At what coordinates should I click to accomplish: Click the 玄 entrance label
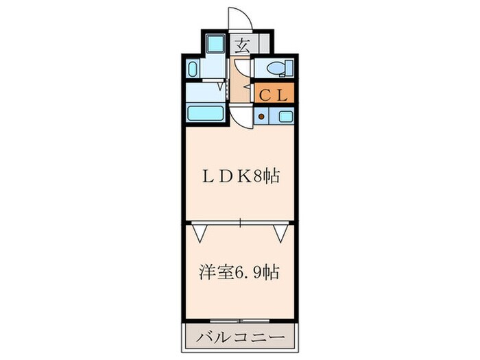pos(242,46)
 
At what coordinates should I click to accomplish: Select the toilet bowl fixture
pos(279,68)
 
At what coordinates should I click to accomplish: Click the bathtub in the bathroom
pos(206,113)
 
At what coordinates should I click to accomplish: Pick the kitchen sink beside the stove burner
pos(285,116)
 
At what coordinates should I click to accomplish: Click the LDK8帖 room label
pos(240,176)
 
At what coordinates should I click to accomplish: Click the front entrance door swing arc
pos(241,17)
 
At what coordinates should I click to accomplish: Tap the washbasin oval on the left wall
pos(193,69)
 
